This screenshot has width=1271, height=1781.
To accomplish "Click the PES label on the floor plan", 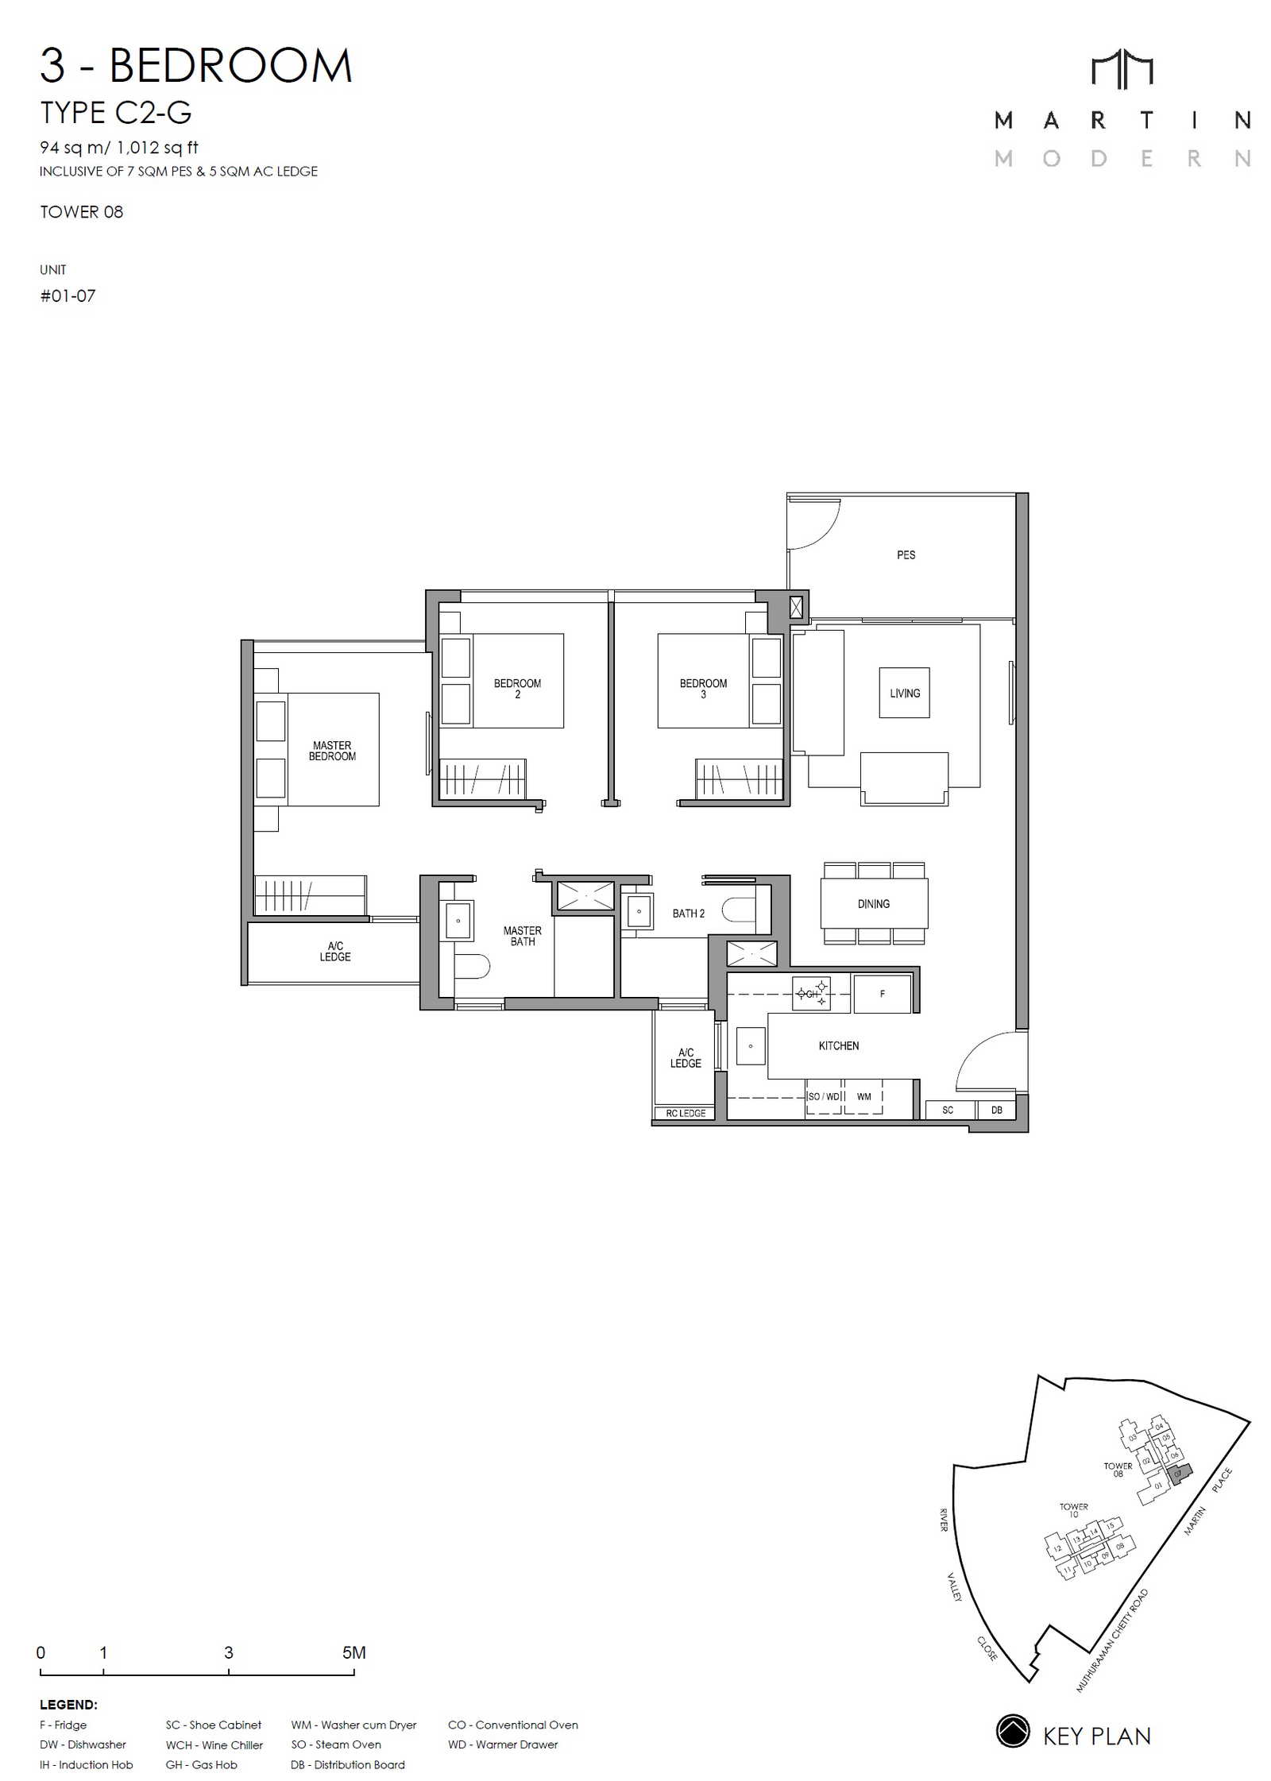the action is tap(906, 554).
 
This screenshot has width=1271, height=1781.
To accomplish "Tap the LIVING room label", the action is tap(905, 693).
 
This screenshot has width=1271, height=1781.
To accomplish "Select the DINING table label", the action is tap(873, 903).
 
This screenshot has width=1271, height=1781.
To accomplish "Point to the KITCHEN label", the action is tap(838, 1045).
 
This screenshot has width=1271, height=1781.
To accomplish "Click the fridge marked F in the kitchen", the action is tap(882, 994).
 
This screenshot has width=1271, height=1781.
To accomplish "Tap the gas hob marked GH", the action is tap(811, 994).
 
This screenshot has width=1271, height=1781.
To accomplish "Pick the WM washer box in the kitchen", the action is tap(863, 1097).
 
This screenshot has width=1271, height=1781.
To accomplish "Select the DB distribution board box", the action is tap(996, 1110).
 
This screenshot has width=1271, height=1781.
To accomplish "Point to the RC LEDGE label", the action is tap(686, 1113).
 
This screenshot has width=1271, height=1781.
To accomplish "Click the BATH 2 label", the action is tap(688, 914).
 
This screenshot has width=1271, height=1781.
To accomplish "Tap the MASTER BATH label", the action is tap(522, 936).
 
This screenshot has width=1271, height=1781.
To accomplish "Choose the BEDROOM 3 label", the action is tap(703, 689).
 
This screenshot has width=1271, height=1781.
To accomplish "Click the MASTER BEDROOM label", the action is tap(332, 751).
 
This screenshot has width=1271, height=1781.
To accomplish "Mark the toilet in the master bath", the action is tap(472, 965).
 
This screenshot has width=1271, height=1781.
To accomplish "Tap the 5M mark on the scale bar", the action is tap(353, 1652).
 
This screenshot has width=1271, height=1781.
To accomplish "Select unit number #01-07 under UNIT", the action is tap(68, 296).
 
